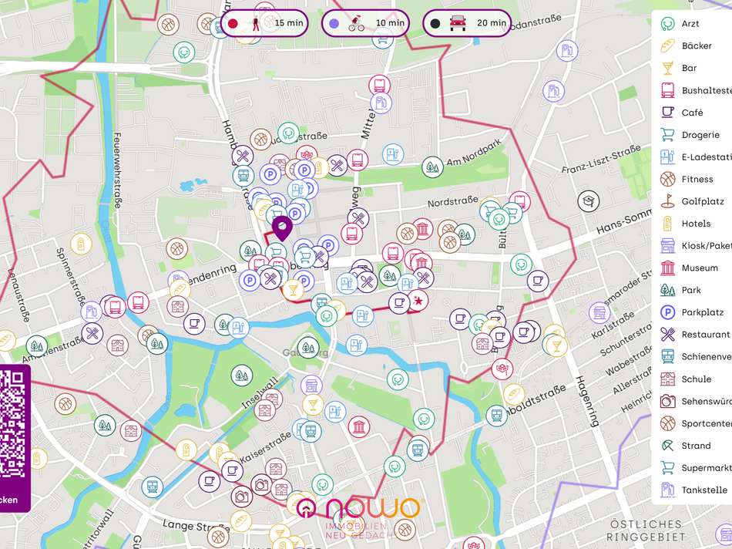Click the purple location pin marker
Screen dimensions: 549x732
point(281,228)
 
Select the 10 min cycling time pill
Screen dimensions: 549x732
point(367,23)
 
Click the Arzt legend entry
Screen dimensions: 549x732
point(690,24)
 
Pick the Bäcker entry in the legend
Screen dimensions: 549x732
point(696,46)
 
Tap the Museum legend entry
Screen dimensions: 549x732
point(699,268)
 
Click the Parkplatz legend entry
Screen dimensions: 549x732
point(701,312)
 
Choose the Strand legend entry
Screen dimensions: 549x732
point(695,446)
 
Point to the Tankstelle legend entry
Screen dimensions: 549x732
point(703,490)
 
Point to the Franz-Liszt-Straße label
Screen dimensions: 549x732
point(601,159)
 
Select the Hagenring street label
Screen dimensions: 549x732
point(586,401)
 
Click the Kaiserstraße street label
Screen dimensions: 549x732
point(269,446)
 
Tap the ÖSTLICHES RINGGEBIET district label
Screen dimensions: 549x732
point(645,530)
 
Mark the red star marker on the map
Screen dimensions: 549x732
point(419,299)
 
